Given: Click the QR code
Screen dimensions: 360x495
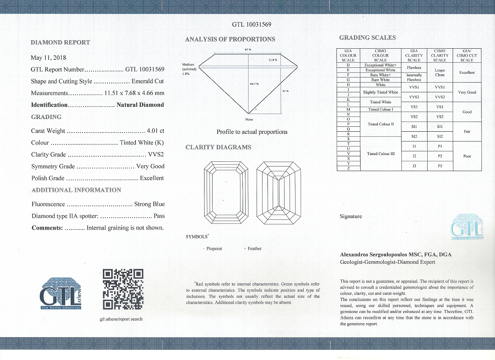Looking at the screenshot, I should click(x=123, y=289).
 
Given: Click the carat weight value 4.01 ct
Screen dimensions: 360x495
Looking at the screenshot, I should click(x=155, y=131).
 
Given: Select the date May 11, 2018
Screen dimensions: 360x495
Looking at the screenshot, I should click(x=48, y=58).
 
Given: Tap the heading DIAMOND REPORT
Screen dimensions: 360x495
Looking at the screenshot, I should click(x=61, y=42).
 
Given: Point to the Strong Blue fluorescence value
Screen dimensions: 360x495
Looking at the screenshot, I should click(x=149, y=204).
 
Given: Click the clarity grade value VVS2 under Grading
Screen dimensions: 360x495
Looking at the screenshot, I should click(x=156, y=155).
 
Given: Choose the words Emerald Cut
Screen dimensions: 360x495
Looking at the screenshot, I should click(x=147, y=81).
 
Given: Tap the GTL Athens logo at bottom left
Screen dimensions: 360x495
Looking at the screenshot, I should click(x=60, y=293).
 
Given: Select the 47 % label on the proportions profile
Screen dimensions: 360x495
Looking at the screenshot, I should click(x=285, y=91).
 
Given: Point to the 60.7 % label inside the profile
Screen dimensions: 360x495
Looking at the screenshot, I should click(x=254, y=83).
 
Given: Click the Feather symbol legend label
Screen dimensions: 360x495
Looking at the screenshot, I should click(x=254, y=249).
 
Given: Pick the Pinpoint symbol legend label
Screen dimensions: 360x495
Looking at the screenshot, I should click(x=214, y=249).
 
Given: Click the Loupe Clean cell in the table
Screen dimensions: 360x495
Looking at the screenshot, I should click(x=440, y=72).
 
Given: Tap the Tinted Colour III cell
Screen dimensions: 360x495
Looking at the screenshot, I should click(x=381, y=154).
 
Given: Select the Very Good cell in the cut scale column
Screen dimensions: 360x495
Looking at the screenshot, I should click(x=467, y=92).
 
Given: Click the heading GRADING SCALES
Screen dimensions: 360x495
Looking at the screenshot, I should click(x=368, y=38).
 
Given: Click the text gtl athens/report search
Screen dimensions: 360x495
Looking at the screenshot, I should click(x=121, y=319).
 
